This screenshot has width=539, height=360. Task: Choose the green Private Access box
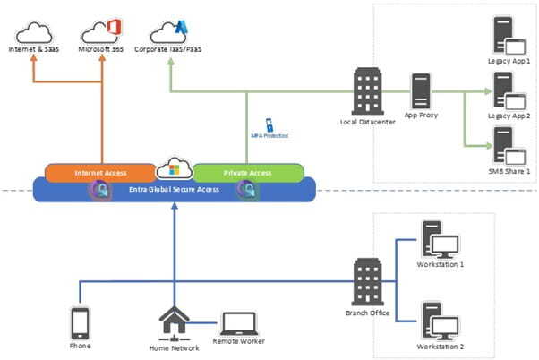(x=248, y=171)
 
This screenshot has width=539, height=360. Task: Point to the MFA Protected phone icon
(x=268, y=124)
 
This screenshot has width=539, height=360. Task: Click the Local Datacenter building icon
(x=368, y=90)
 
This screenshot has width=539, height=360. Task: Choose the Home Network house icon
(x=174, y=321)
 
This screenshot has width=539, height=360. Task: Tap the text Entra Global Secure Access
(x=175, y=189)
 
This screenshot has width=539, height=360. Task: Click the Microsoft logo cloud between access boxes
(x=174, y=168)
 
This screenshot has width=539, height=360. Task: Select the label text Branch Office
(x=368, y=313)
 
